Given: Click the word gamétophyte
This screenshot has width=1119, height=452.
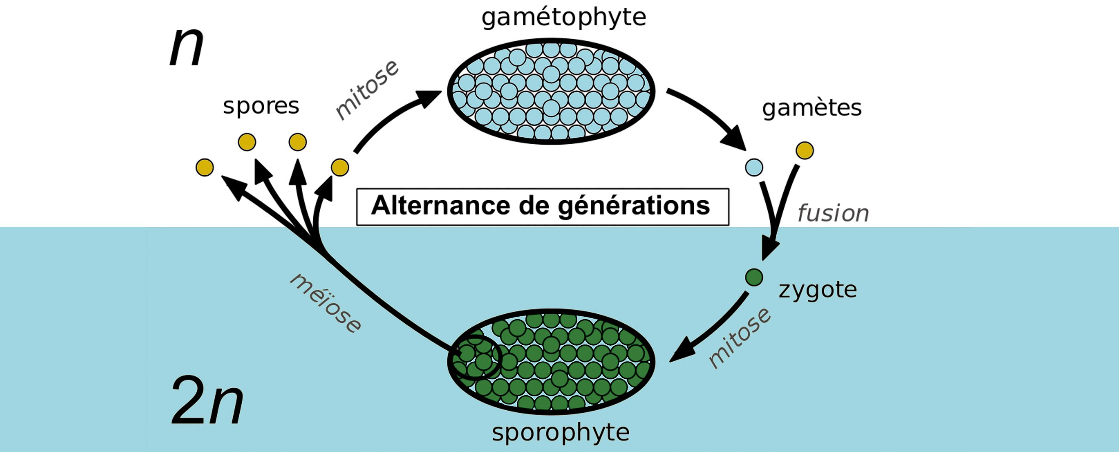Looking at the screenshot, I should point(563,17).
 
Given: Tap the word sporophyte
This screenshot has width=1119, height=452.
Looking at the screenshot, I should point(560,433).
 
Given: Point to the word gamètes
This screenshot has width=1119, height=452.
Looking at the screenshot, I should point(811,108).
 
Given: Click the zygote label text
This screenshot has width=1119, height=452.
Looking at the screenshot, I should point(818,290).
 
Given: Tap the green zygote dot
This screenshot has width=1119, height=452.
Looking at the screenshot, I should point(754,277).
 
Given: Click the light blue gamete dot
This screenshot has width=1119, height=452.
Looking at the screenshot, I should point(754,167).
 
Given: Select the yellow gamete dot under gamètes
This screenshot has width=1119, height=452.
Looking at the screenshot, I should point(804,150).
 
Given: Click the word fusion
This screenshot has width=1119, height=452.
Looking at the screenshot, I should point(833,214).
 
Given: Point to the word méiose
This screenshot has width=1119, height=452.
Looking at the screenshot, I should point(325,303).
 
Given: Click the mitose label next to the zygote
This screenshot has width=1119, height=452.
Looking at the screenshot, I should point(739,337).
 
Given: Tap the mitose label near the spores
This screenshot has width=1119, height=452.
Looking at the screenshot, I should point(367,90).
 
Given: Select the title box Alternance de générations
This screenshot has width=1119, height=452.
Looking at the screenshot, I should point(542,207).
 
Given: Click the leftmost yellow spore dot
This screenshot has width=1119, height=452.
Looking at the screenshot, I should point(204,167).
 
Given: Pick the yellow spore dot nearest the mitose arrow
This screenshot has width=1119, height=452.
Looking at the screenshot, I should point(340,167).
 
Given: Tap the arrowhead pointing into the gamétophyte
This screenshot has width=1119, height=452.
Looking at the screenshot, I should point(430,97).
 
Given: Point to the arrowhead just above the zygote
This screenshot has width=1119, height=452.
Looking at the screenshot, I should point(770,250).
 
